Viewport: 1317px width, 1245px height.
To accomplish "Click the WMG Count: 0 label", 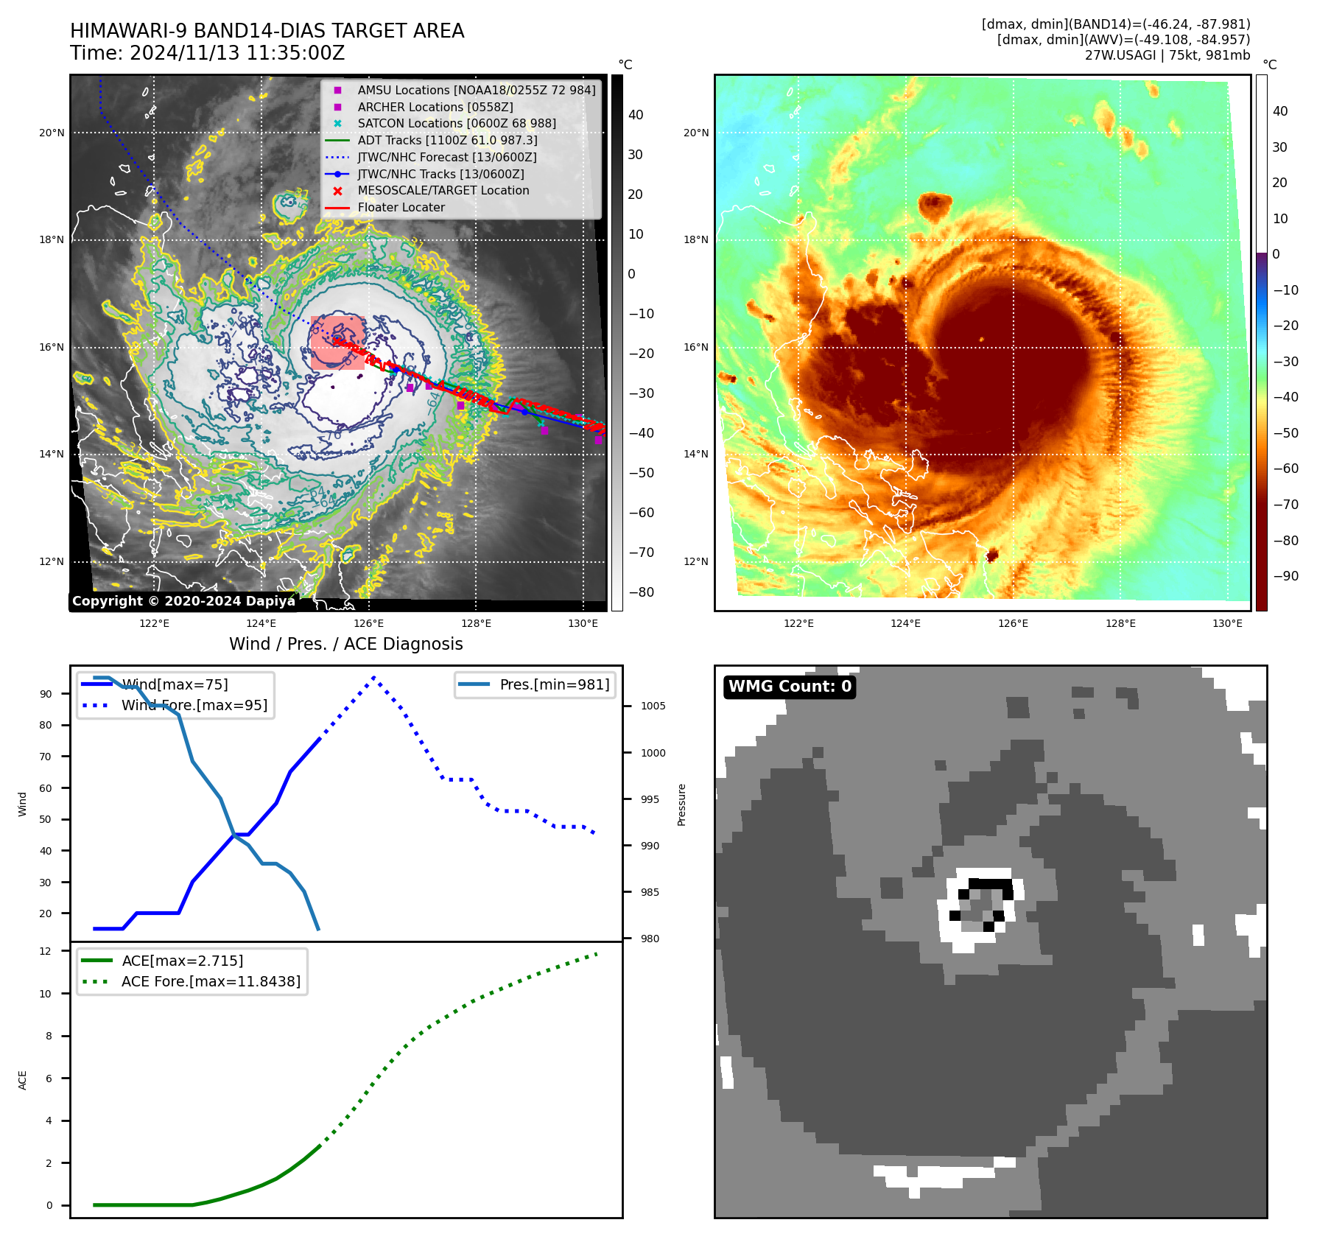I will click(x=790, y=687).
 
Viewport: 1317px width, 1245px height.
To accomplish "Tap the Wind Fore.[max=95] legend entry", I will click(x=194, y=705).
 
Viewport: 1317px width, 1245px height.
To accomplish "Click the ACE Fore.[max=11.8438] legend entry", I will click(x=211, y=981).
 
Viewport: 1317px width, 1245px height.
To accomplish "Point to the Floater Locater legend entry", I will click(x=401, y=208).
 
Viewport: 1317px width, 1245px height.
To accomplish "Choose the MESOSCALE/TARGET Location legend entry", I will click(x=443, y=191).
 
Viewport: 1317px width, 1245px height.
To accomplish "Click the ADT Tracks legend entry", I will click(x=447, y=140).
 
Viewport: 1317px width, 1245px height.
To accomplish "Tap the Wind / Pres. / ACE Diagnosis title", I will click(x=345, y=644).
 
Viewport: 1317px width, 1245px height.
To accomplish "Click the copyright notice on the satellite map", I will click(x=183, y=601).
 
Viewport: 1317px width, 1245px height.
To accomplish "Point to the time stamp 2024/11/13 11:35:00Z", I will click(x=237, y=53).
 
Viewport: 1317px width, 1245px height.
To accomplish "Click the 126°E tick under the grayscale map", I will click(x=368, y=624).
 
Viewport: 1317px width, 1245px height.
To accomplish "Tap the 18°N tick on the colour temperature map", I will click(x=695, y=240).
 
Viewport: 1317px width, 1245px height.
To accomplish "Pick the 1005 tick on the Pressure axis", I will click(x=653, y=706).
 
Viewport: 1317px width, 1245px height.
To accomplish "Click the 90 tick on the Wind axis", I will click(x=46, y=694).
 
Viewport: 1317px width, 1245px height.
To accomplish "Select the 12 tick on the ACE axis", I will click(x=46, y=951).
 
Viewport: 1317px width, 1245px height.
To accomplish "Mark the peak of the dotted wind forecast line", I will click(x=374, y=677).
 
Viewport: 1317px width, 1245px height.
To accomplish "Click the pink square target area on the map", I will click(x=337, y=343).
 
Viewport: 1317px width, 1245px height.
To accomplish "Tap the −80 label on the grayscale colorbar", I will click(x=641, y=592).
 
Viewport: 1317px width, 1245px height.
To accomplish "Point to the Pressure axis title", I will click(x=682, y=804).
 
